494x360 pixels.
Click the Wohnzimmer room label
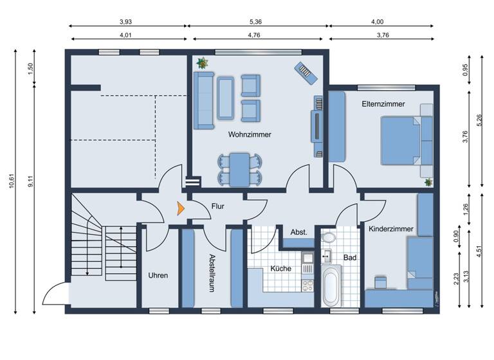pyautogui.click(x=249, y=135)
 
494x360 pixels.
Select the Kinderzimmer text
pyautogui.click(x=391, y=228)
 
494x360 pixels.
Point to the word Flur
pyautogui.click(x=218, y=206)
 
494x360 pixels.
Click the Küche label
pyautogui.click(x=280, y=269)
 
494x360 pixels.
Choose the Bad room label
pyautogui.click(x=350, y=257)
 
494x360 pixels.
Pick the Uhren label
pyautogui.click(x=158, y=275)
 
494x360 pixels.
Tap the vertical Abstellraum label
pyautogui.click(x=212, y=273)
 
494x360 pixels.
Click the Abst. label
pyautogui.click(x=298, y=232)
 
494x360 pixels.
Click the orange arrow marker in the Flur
pyautogui.click(x=181, y=208)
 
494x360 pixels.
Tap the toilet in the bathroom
pyautogui.click(x=328, y=239)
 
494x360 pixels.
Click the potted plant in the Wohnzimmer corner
pyautogui.click(x=203, y=63)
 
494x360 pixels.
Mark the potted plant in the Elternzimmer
pyautogui.click(x=428, y=183)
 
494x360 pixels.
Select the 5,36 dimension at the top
pyautogui.click(x=257, y=21)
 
